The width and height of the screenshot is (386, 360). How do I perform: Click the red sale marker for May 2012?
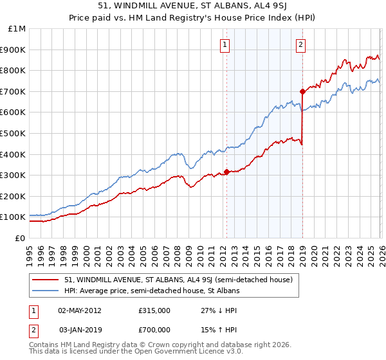226,172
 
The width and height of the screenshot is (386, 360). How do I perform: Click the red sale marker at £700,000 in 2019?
302,91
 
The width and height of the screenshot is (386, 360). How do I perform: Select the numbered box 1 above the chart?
225,44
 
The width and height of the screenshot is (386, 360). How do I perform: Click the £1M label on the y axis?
17,28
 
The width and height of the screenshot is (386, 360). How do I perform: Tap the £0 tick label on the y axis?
19,238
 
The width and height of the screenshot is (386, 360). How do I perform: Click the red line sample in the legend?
46,280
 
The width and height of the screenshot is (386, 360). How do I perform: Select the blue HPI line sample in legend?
46,291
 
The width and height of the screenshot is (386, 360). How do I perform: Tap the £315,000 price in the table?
154,310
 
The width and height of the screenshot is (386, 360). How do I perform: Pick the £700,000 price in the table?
154,330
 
